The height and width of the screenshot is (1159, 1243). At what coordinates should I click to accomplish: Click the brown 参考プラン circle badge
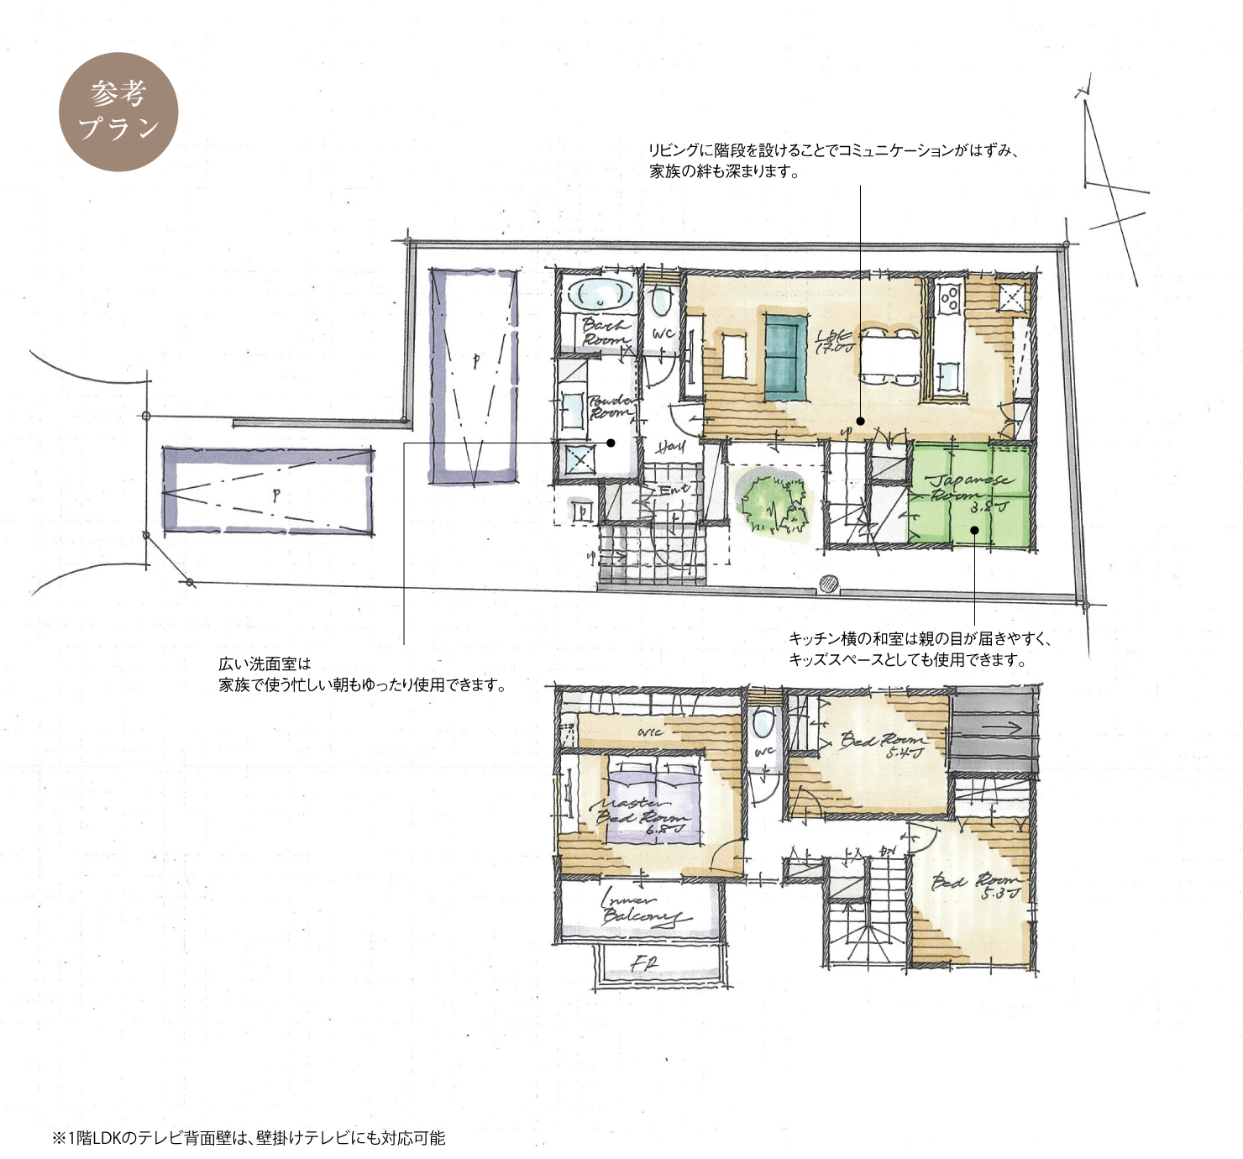(x=118, y=112)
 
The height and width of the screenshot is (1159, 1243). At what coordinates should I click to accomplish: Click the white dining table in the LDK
(x=888, y=356)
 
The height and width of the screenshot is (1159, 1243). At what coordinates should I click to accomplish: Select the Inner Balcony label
(x=642, y=910)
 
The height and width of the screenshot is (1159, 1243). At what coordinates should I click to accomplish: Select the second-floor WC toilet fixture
(x=763, y=722)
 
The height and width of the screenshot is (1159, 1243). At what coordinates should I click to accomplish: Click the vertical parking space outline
(x=475, y=376)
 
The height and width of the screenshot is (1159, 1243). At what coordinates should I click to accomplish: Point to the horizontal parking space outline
(x=269, y=491)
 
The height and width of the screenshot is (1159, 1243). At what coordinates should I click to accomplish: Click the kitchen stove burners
(x=950, y=298)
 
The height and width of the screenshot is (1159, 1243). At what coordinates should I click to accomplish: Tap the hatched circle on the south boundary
(x=829, y=584)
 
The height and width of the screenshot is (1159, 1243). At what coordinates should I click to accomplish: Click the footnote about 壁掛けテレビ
(x=249, y=1138)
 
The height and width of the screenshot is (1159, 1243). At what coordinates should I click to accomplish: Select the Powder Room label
(x=611, y=407)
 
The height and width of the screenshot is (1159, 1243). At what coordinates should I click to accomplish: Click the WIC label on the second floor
(x=649, y=732)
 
